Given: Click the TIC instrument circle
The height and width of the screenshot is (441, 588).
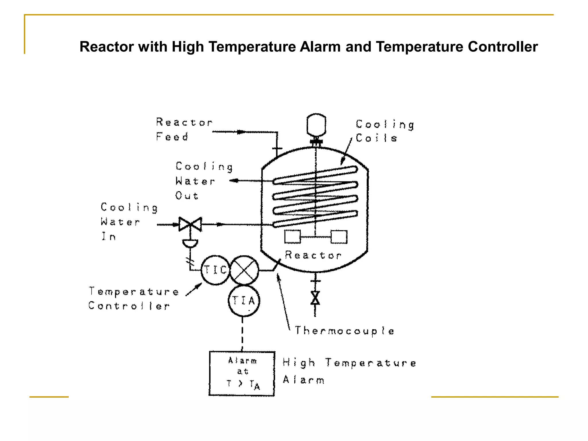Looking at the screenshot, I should pos(215,270).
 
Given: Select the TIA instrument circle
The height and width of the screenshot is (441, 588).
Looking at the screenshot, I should pos(244,301).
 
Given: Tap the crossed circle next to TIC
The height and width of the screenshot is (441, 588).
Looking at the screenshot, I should pos(244,270).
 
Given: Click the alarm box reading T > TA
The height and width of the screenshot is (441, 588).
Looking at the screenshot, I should pos(242,374).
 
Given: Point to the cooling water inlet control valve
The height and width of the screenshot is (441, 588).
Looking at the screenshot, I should pos(190,224).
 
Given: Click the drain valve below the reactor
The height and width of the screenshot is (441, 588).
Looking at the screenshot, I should pos(315,298).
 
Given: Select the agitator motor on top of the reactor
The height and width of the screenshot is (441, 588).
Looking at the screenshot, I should pos(316,125).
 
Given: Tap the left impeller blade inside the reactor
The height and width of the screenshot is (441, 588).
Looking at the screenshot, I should pos(293,237).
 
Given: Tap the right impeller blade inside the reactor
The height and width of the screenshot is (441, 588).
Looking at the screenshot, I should pos(339,237).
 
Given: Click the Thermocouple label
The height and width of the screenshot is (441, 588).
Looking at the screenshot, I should pos(345,331).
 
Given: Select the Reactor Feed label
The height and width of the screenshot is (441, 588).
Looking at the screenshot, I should pos(184,129).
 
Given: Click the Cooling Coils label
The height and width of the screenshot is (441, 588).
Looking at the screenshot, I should pos(385,131).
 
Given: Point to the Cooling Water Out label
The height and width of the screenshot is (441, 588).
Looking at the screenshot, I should pos(204,181).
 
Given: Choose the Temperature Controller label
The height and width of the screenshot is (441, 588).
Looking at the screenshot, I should pos(134,299).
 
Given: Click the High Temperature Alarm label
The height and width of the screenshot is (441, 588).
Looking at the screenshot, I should pos(349,371).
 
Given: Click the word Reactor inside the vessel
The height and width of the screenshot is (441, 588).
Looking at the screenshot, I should pos(313,255).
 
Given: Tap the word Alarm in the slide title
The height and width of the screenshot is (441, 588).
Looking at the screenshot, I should pos(320,47).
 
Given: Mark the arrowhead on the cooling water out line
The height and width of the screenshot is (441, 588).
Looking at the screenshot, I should pos(234,181).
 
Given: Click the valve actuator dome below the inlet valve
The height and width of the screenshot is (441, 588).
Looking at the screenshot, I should pos(190,243).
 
